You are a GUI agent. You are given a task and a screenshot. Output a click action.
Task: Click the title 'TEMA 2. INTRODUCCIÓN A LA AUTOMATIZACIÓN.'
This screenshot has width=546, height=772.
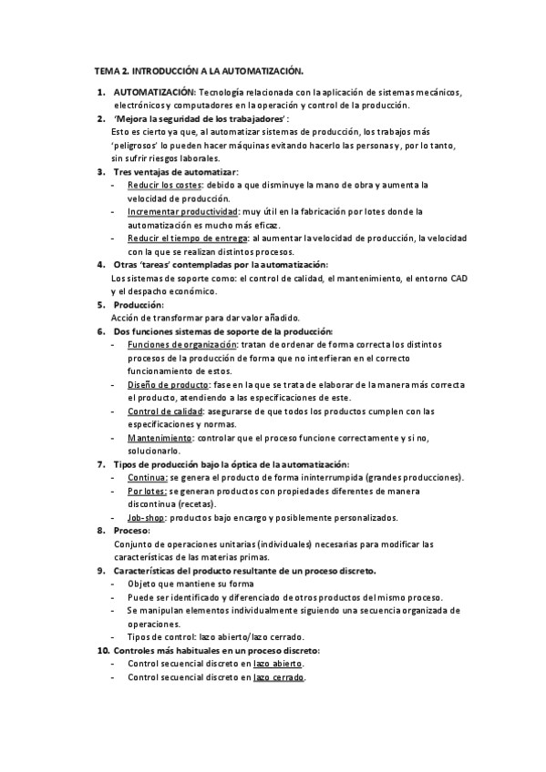tap(199, 70)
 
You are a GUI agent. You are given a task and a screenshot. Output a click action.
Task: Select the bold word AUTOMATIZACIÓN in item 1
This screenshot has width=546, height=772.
tap(154, 92)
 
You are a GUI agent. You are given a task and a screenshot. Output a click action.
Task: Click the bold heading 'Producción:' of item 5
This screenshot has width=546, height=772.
tap(139, 304)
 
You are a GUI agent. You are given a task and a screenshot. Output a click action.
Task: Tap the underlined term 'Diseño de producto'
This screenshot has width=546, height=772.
tap(165, 384)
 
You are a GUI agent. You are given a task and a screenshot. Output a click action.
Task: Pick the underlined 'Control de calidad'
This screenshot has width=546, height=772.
tap(165, 411)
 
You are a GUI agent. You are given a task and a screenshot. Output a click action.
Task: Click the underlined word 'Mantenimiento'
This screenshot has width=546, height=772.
tap(159, 438)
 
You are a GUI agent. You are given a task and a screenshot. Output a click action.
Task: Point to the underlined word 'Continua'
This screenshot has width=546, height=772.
tap(147, 478)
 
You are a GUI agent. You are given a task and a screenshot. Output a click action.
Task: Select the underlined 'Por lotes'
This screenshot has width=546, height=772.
tap(147, 491)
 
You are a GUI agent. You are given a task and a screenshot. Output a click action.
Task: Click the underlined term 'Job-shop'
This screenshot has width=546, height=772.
tap(146, 517)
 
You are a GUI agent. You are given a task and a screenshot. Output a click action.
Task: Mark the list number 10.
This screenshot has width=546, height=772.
tap(101, 651)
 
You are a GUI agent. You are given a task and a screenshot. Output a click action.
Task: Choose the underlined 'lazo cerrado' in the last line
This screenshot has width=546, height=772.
tap(280, 678)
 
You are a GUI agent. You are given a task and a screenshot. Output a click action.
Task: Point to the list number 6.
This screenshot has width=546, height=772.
tap(101, 331)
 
